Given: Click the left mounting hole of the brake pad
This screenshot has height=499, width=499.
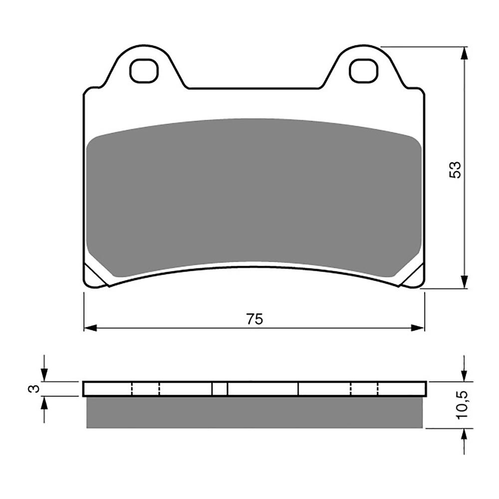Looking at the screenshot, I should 144,71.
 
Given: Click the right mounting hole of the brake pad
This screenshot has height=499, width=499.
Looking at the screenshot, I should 364,71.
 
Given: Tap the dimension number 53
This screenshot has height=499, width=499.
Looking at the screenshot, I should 455,170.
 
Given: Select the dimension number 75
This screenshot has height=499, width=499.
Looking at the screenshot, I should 254,319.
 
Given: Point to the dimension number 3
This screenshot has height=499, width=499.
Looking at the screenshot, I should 32,389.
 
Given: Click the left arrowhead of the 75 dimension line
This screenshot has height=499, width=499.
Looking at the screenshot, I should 90,328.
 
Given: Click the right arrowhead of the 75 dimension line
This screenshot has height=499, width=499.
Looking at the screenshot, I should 418,328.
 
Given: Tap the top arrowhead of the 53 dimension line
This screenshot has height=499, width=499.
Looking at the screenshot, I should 465,53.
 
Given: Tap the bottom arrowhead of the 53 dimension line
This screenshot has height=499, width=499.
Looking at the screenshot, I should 465,282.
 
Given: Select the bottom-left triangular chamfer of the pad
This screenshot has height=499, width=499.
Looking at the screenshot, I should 95,276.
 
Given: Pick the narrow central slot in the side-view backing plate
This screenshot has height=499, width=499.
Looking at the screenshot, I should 220,389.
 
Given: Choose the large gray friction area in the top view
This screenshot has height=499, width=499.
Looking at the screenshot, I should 254,195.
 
